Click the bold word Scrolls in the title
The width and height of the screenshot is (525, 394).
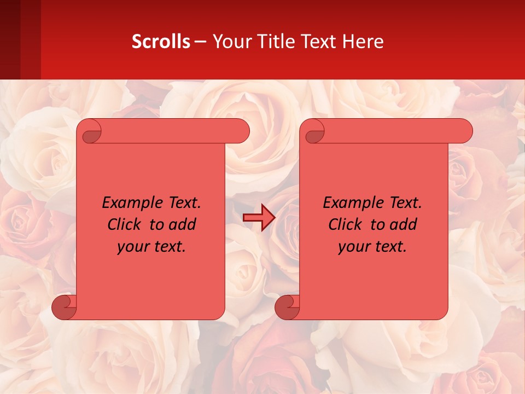[161, 42]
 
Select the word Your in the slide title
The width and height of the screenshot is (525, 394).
[232, 42]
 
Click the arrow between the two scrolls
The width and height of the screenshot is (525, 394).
[259, 218]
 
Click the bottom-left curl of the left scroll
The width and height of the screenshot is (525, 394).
[64, 308]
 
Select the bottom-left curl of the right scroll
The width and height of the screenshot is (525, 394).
[287, 308]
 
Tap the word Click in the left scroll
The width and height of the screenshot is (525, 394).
[124, 225]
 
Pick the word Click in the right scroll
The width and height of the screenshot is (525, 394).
[345, 225]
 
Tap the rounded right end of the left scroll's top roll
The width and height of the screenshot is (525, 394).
[241, 131]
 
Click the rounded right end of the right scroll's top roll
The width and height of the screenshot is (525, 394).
[464, 131]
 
